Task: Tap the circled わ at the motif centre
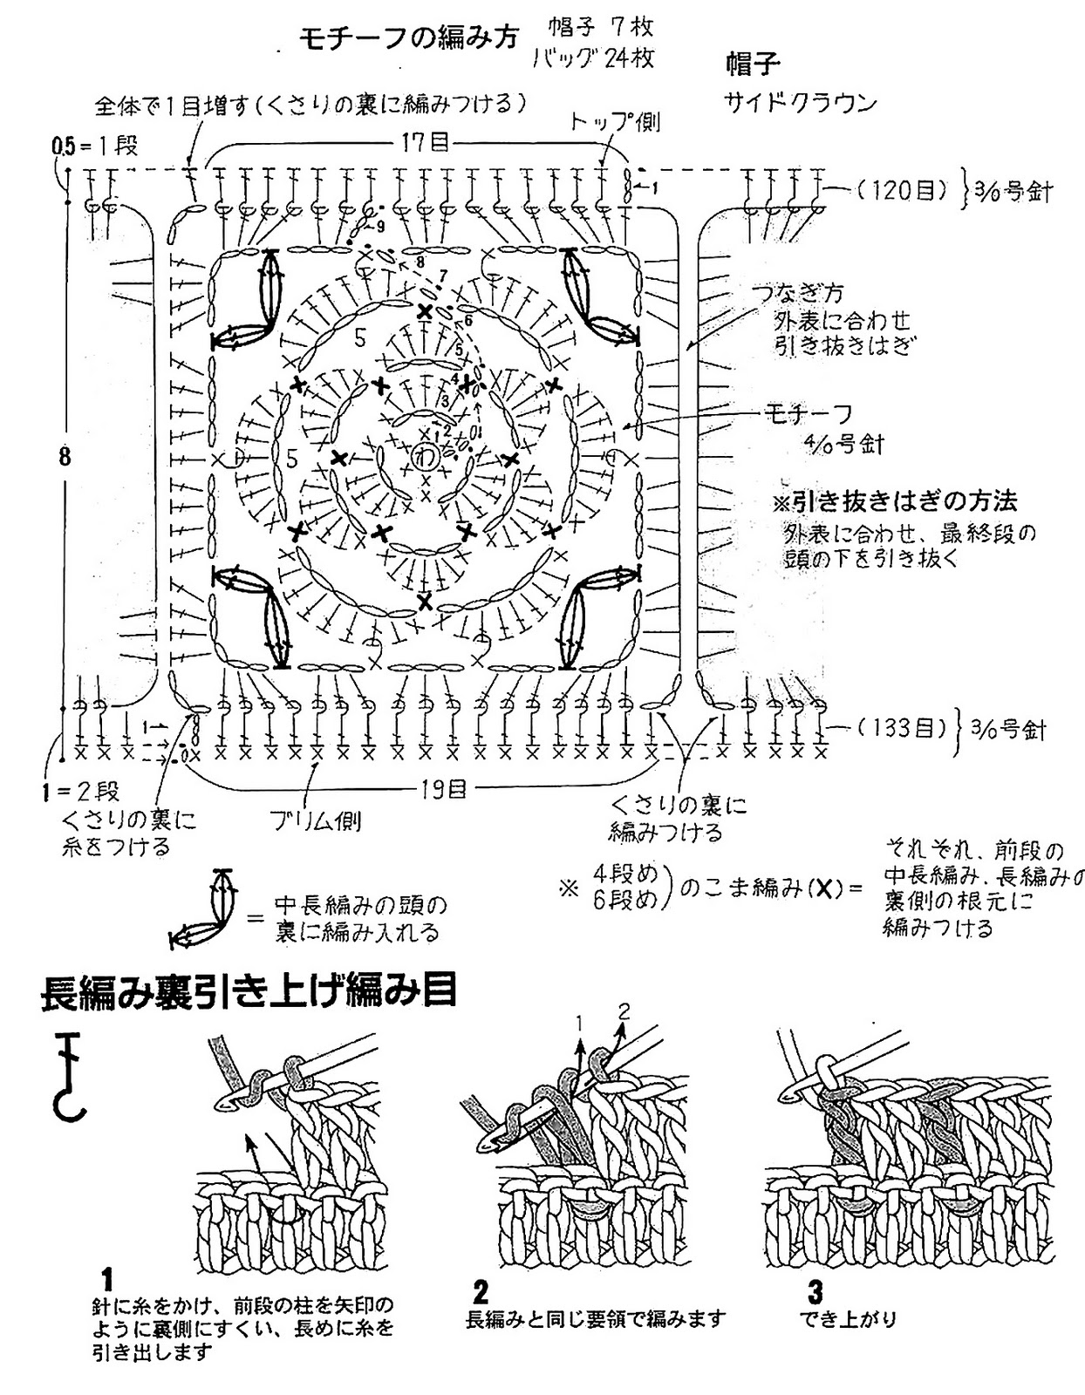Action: [425, 455]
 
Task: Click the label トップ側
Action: [615, 120]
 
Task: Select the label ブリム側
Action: [315, 820]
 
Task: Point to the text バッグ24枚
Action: [593, 58]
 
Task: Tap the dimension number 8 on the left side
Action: [65, 457]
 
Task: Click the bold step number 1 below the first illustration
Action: [107, 1280]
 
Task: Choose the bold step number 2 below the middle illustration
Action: [481, 1290]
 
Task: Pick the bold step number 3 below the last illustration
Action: [815, 1290]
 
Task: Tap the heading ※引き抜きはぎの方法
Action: [895, 501]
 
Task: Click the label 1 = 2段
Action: [79, 792]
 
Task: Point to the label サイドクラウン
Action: [800, 102]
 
